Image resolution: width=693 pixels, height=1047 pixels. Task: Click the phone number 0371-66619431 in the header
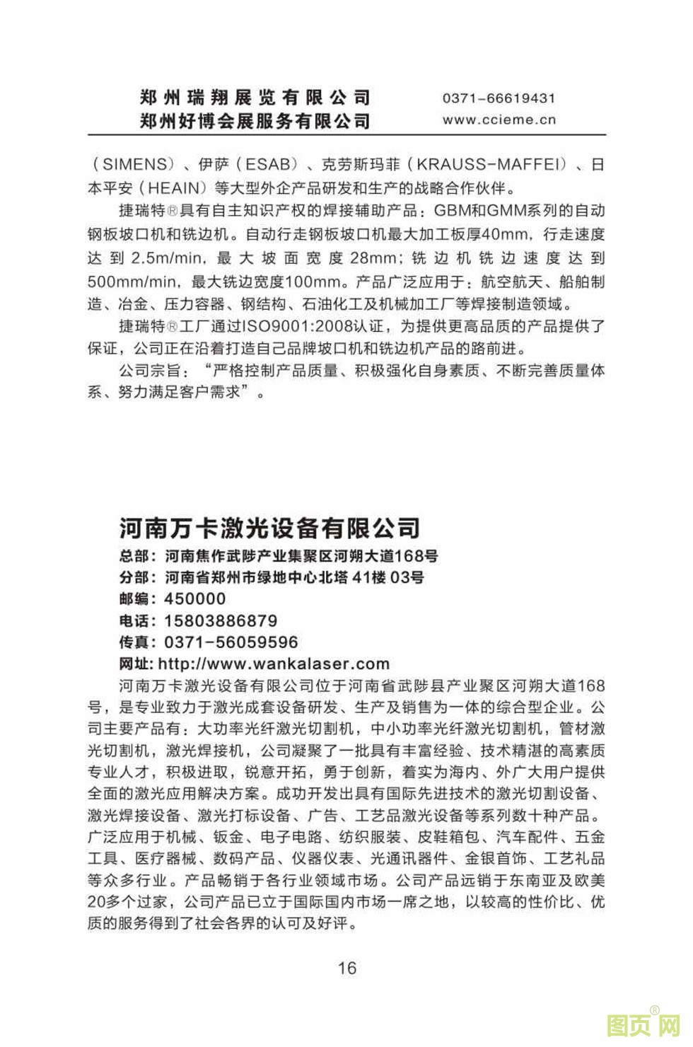[x=499, y=98]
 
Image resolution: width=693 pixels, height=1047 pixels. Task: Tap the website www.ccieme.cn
[x=499, y=120]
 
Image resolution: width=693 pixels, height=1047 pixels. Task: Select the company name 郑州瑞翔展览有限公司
[x=255, y=98]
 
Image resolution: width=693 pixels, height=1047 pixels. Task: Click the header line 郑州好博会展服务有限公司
[x=255, y=121]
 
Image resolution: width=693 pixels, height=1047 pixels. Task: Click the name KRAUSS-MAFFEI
[x=489, y=165]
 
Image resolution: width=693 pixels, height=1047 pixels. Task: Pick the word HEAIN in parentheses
[x=173, y=187]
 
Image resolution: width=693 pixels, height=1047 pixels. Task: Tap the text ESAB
[x=267, y=165]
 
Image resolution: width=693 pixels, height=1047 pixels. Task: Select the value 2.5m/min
[x=165, y=258]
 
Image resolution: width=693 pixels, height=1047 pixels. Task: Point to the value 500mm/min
[x=132, y=282]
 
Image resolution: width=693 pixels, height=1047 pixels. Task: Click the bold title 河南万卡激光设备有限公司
[x=269, y=527]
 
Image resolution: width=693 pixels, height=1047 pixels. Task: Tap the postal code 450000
[x=195, y=598]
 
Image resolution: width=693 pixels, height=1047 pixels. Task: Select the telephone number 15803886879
[x=221, y=620]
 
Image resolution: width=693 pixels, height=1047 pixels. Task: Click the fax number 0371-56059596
[x=231, y=642]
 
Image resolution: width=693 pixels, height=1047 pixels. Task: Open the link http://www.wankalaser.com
[x=274, y=664]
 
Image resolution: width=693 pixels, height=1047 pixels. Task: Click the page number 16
[x=347, y=968]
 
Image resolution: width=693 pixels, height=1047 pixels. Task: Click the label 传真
[x=134, y=642]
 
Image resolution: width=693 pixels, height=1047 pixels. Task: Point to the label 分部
[x=134, y=577]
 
